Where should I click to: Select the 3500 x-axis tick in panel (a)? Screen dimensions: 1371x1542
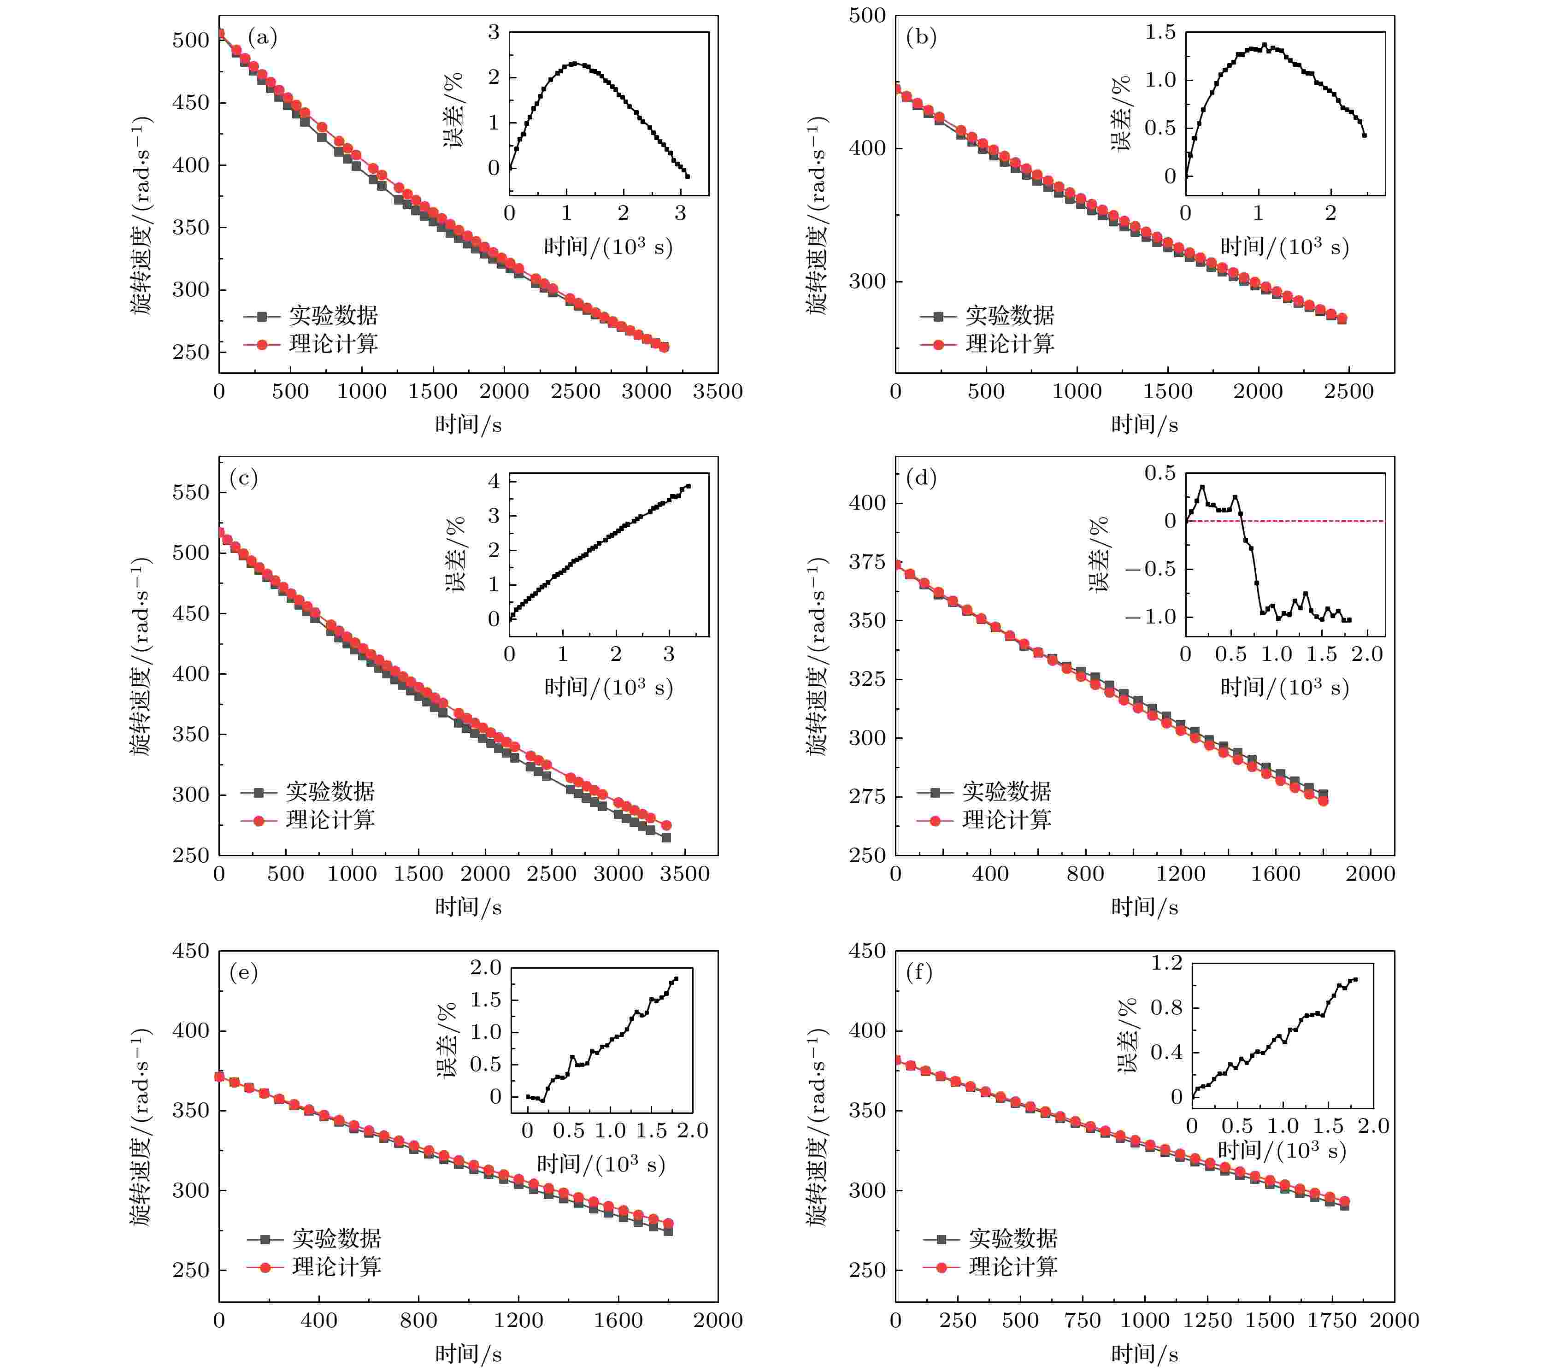[718, 392]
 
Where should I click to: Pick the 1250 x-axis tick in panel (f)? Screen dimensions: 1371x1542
[1207, 1320]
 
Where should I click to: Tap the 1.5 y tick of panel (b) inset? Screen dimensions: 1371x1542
[1159, 32]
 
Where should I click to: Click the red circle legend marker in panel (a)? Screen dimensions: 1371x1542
[262, 345]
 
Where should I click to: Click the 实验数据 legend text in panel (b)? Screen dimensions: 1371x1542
[1009, 315]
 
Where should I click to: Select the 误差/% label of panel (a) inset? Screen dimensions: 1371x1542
[453, 110]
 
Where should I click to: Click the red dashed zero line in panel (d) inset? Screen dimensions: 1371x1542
[1312, 521]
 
